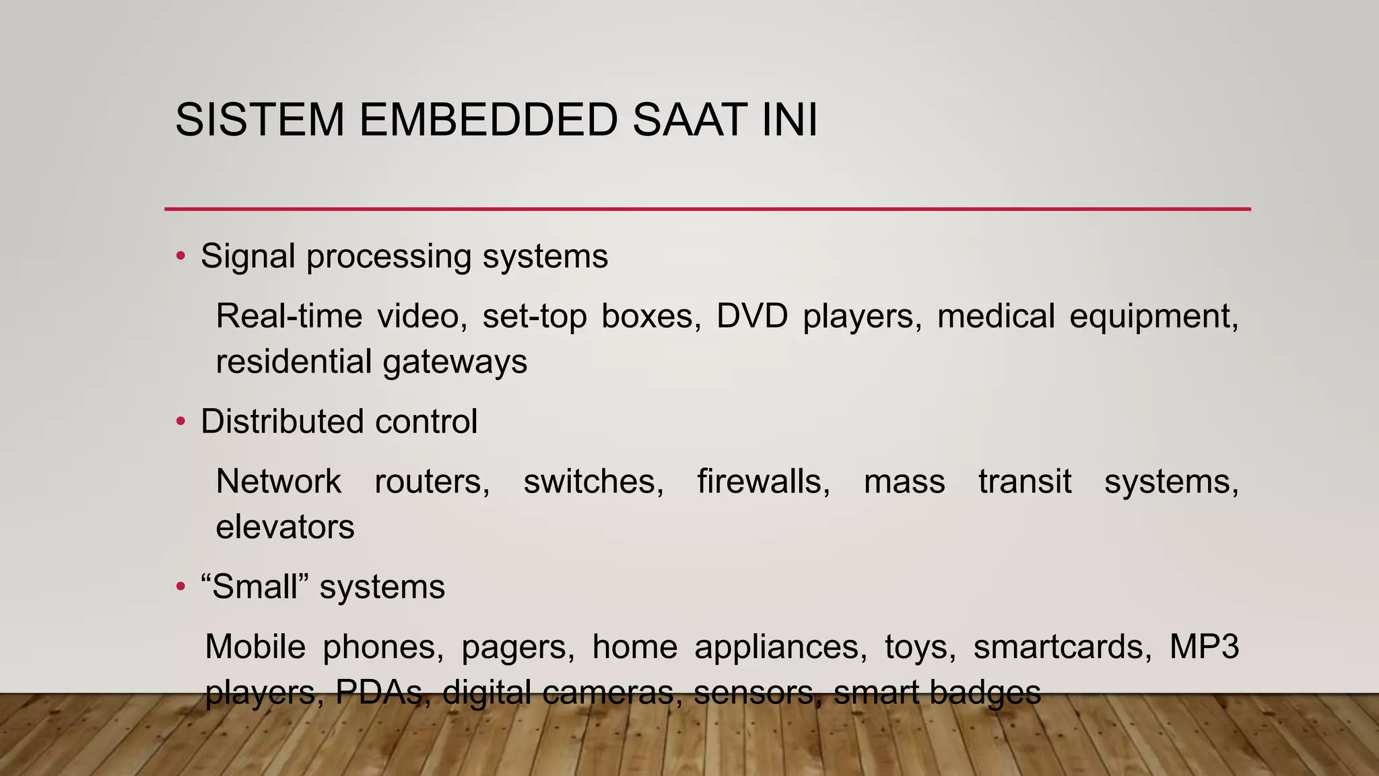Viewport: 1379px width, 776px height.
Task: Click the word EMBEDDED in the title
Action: pos(488,121)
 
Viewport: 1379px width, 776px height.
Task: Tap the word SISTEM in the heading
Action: pos(260,121)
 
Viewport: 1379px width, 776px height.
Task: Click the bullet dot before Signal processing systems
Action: pos(180,256)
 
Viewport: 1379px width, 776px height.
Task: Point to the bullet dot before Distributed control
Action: pos(180,422)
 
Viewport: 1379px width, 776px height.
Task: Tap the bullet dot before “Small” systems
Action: pos(180,587)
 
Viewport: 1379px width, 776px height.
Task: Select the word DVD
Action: pos(751,316)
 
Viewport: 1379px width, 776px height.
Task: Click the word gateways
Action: pos(455,362)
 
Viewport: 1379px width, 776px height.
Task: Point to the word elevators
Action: pos(285,527)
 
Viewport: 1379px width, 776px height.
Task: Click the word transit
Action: pos(1024,482)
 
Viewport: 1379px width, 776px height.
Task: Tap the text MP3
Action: pos(1204,647)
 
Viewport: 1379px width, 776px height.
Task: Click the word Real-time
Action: pos(289,316)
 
